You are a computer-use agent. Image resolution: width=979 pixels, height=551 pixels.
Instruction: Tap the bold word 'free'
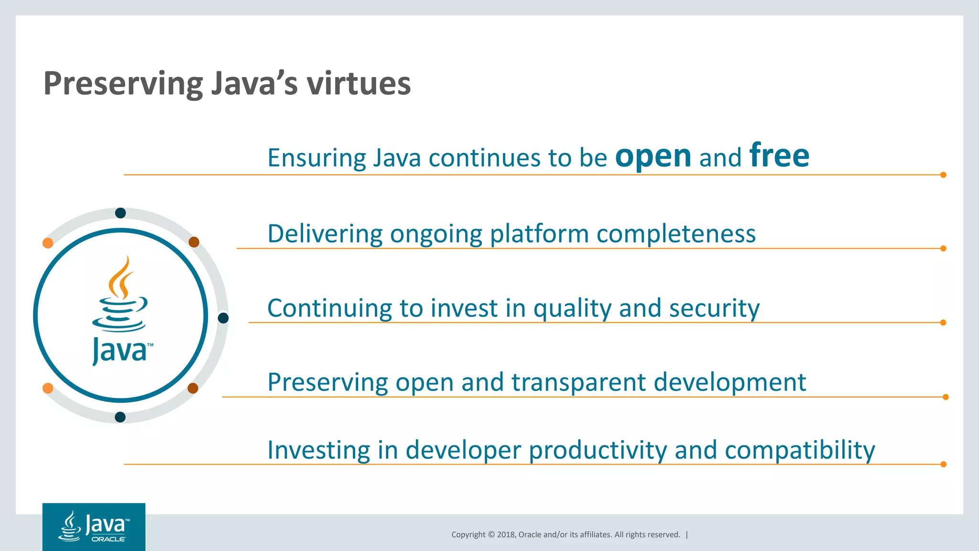779,155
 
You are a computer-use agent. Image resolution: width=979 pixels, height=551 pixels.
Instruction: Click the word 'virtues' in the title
359,84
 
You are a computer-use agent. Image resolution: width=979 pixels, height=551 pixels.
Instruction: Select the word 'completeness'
676,234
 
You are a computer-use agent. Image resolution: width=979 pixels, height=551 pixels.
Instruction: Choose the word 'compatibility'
800,451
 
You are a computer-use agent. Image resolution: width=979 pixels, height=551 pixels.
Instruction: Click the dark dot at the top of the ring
120,213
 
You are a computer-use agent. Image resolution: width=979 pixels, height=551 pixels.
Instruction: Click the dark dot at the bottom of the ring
120,417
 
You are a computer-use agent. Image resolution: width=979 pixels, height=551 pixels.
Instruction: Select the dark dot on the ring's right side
223,318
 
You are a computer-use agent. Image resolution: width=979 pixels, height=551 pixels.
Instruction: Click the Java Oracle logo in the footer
94,527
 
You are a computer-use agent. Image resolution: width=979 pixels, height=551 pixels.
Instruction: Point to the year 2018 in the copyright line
506,535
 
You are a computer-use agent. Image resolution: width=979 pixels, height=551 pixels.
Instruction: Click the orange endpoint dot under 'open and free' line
943,175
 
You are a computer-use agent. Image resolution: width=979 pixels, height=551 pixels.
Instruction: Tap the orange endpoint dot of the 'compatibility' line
943,464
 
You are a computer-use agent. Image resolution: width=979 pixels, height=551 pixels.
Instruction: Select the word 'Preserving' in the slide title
123,84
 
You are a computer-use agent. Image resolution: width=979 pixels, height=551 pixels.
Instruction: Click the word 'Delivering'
325,234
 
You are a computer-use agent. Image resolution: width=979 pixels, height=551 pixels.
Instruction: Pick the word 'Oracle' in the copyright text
530,535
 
